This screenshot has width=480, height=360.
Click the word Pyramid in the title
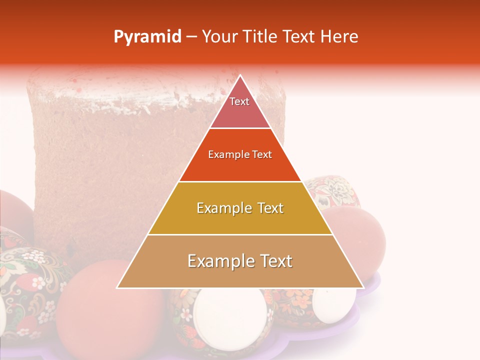tap(147, 37)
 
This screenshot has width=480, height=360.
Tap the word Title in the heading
tap(262, 37)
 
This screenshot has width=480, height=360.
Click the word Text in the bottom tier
tap(273, 261)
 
